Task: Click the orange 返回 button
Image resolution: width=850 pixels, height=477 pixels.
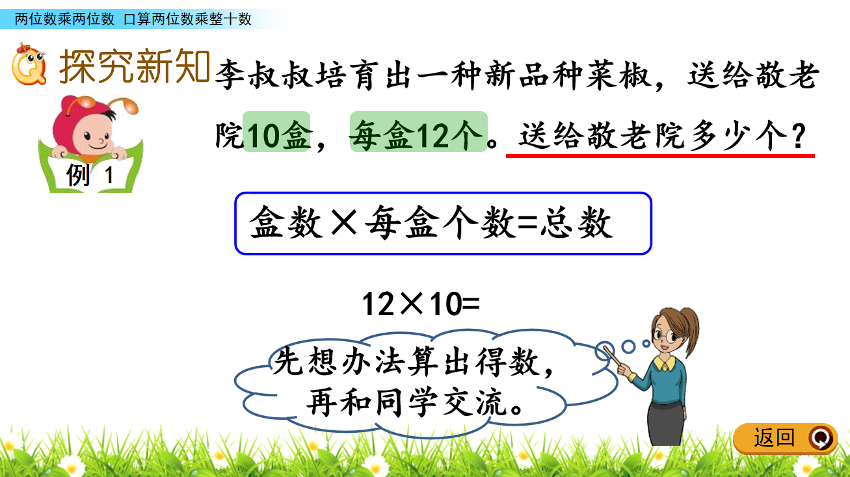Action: point(785,438)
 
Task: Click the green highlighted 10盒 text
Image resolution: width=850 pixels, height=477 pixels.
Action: point(276,132)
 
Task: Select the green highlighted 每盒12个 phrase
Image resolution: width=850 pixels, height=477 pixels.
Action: point(419,132)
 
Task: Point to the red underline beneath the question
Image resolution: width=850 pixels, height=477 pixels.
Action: point(660,155)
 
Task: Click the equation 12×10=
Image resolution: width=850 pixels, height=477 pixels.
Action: point(421,304)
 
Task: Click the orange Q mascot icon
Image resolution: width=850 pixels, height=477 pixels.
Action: point(29,64)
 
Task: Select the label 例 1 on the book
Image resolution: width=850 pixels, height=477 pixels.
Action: point(90,175)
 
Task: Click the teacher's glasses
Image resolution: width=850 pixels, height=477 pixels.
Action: point(665,335)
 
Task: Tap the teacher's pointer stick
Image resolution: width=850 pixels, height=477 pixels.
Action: point(611,355)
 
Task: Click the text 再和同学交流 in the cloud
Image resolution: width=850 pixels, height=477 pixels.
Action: point(406,402)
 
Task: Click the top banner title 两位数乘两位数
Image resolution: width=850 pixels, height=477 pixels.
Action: point(64,19)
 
